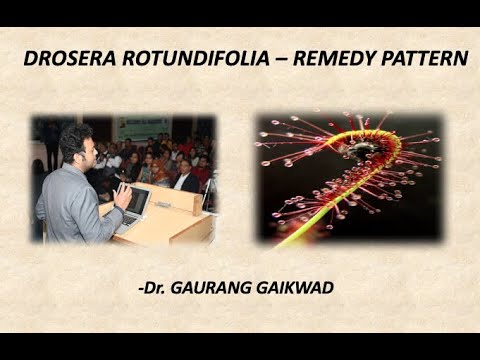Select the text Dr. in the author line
click(155, 288)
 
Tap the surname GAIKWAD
click(298, 288)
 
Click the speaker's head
click(73, 144)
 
